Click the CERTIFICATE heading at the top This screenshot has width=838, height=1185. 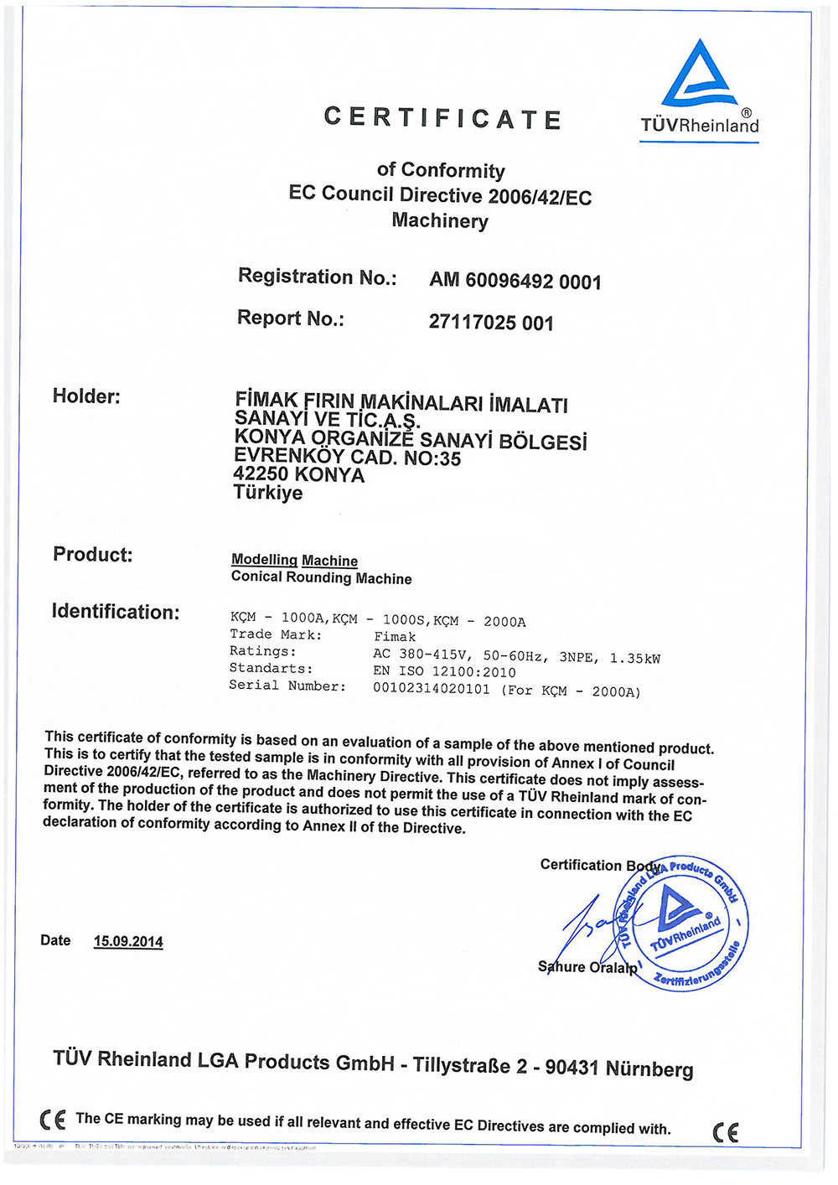442,118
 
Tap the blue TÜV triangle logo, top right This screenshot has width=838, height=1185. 700,75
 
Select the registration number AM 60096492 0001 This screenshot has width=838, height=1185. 515,281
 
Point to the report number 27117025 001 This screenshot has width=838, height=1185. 491,323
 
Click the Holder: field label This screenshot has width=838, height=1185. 86,396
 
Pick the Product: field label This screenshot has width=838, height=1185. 92,554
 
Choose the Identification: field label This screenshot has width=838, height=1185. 116,612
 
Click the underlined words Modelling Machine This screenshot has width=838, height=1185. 294,560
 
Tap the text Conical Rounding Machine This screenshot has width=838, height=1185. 321,577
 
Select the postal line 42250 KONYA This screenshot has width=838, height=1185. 298,474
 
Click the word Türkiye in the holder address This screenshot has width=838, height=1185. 268,492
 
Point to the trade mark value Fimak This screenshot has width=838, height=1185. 395,637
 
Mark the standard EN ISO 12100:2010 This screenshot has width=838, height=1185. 444,671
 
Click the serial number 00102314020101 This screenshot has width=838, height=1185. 431,689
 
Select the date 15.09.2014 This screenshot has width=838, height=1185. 128,941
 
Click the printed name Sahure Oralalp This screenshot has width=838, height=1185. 587,967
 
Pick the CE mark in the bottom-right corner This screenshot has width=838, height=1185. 726,1132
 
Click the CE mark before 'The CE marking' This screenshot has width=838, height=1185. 52,1120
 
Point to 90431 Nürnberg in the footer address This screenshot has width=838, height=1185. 619,1069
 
